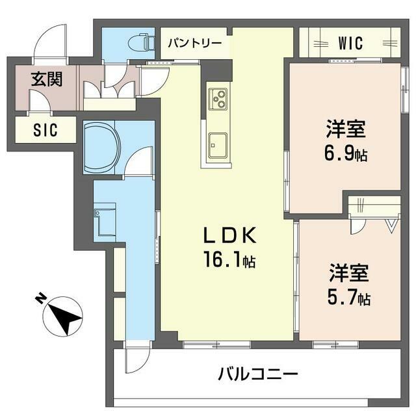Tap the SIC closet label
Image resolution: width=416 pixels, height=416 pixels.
(x=45, y=130)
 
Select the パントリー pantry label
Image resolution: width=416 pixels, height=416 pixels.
(x=195, y=44)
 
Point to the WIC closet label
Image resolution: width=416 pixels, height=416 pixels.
(x=351, y=44)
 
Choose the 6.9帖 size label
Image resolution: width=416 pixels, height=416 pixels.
(x=346, y=155)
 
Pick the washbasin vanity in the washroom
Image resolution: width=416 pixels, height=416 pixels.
(x=104, y=220)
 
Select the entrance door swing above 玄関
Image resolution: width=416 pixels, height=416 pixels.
(x=51, y=41)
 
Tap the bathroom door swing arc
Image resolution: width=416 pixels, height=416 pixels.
(x=138, y=162)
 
